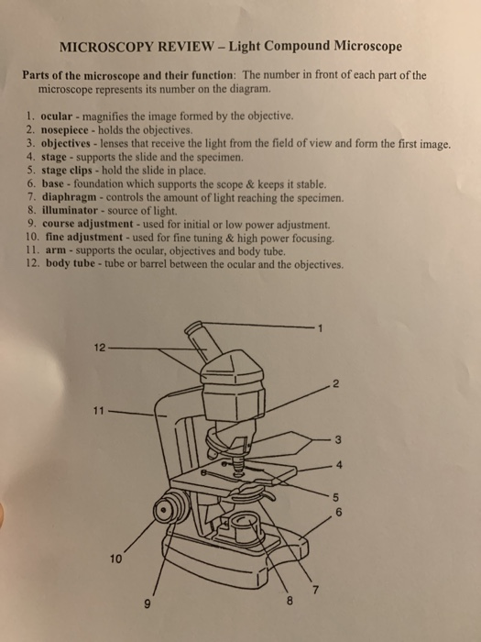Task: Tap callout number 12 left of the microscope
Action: tap(99, 348)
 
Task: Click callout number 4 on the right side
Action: tap(341, 463)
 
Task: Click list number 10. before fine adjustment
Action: tap(30, 237)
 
